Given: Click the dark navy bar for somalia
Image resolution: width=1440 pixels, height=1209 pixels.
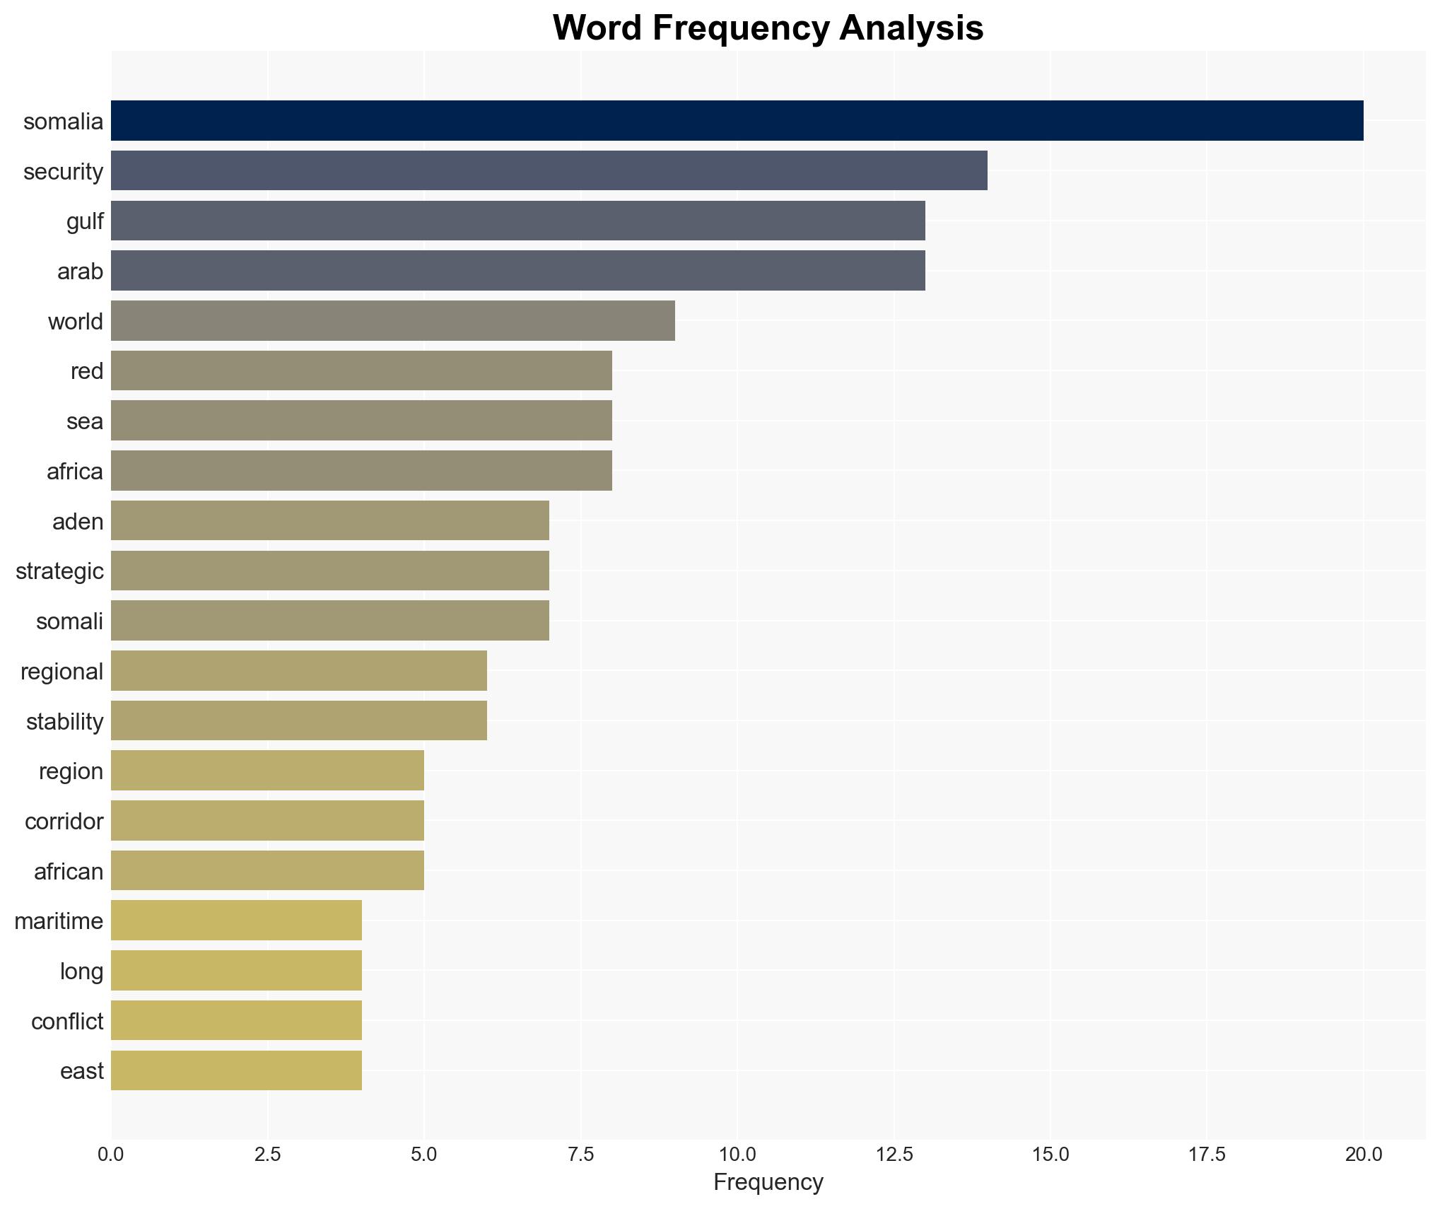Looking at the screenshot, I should [x=737, y=121].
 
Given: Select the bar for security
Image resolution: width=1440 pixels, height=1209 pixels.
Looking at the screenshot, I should [x=549, y=170].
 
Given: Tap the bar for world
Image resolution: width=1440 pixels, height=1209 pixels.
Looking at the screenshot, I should [x=392, y=321].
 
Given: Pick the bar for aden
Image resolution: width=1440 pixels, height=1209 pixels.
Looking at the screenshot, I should [x=329, y=521].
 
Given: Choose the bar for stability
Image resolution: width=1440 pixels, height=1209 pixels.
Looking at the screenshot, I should [x=298, y=721].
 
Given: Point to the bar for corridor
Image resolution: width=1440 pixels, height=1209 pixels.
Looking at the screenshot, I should [x=267, y=821].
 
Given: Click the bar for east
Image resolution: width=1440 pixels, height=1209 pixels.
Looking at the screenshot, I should [x=236, y=1070].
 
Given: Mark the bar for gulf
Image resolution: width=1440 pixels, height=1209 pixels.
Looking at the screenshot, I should [x=517, y=221].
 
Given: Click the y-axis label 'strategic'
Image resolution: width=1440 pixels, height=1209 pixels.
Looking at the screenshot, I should [x=59, y=571].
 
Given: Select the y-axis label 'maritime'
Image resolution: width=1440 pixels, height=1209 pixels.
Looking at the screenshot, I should [x=59, y=921].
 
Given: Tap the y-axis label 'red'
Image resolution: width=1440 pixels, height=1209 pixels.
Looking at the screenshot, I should [x=87, y=371].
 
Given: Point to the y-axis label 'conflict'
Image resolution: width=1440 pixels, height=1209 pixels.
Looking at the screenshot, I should [x=67, y=1021].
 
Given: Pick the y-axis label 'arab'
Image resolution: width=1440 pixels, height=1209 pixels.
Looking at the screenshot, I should [x=80, y=271].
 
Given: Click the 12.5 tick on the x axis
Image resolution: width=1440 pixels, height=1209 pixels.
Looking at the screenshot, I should [x=894, y=1155].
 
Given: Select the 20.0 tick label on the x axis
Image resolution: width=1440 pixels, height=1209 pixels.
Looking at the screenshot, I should [x=1363, y=1155].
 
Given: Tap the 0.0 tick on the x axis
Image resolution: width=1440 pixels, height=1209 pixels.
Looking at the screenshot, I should [x=111, y=1155].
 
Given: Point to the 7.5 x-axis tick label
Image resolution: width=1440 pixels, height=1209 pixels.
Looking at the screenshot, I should [x=580, y=1155].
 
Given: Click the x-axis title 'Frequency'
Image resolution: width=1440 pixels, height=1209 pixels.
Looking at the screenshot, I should [x=768, y=1182].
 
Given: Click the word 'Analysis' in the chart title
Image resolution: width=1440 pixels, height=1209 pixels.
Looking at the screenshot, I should [x=911, y=28].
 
